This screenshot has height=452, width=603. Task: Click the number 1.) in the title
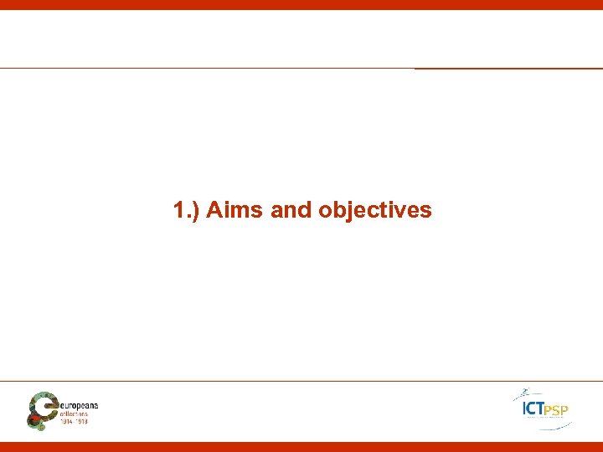186,209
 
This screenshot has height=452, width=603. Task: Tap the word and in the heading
291,209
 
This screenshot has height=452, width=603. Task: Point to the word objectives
374,210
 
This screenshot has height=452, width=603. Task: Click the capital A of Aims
213,209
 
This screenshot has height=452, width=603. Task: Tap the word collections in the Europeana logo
79,413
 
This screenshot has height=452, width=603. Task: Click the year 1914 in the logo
67,421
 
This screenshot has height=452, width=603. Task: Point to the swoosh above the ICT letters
526,393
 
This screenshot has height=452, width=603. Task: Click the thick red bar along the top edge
301,4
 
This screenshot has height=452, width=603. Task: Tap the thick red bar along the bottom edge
301,446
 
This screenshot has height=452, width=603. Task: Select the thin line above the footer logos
301,381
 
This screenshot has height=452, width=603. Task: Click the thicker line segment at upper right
508,69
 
